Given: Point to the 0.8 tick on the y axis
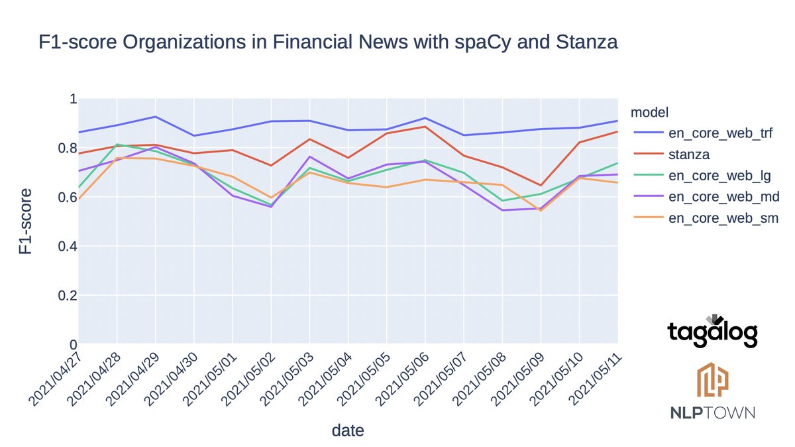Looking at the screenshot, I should pyautogui.click(x=68, y=148).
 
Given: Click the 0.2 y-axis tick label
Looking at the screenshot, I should pyautogui.click(x=68, y=296).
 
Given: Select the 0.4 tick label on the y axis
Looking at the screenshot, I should pyautogui.click(x=68, y=247).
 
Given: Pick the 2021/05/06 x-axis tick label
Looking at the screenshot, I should pyautogui.click(x=401, y=381).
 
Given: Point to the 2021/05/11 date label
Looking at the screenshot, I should pyautogui.click(x=594, y=381).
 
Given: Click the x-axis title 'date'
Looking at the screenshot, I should pyautogui.click(x=348, y=430).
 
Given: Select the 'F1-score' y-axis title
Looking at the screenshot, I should pyautogui.click(x=25, y=222).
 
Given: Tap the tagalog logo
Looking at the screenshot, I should pyautogui.click(x=712, y=332).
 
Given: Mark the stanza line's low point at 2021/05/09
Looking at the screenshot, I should pyautogui.click(x=541, y=186).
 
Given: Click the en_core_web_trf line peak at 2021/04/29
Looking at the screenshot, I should pyautogui.click(x=155, y=117).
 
